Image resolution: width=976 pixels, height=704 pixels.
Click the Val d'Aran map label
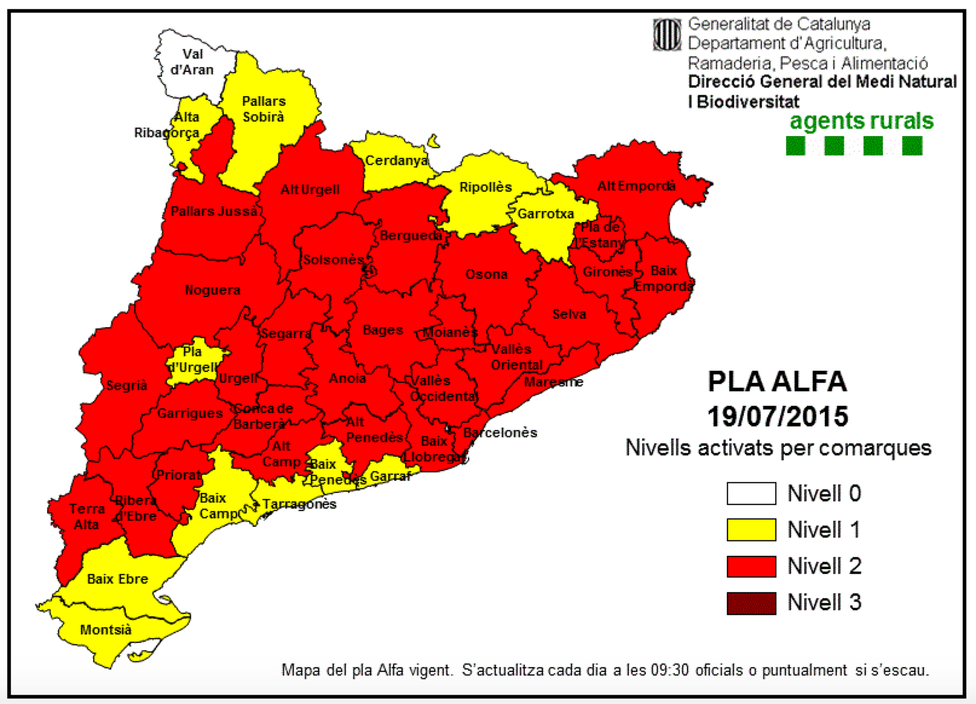coord(192,62)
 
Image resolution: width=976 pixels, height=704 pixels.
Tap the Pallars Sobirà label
coord(264,109)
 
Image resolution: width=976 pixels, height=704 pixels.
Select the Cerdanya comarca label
coord(396,161)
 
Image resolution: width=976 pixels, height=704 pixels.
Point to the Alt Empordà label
coord(636,186)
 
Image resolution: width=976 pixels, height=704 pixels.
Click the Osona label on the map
coord(486,275)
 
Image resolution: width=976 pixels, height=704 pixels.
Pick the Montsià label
coord(106,630)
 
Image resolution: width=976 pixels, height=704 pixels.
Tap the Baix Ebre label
coord(117,579)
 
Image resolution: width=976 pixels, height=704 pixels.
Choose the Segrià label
coord(127,385)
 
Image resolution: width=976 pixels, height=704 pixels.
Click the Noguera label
coord(212,290)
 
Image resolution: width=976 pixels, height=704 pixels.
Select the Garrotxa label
coord(545,214)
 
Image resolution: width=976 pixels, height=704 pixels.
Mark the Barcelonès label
coord(500,433)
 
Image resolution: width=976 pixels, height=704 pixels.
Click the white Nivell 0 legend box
coord(751,494)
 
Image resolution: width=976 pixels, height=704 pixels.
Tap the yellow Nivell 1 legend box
coord(751,530)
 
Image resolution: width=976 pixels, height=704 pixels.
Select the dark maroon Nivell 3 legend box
coord(751,603)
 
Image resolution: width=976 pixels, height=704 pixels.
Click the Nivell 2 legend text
coord(824,567)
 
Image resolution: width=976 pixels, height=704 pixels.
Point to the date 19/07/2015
coord(778,417)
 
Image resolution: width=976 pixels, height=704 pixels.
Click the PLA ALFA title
coord(778,382)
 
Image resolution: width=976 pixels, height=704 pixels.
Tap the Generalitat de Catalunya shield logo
coord(667,35)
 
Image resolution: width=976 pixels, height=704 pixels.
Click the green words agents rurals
coord(861,121)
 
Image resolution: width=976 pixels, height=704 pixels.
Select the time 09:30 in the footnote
coord(669,671)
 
